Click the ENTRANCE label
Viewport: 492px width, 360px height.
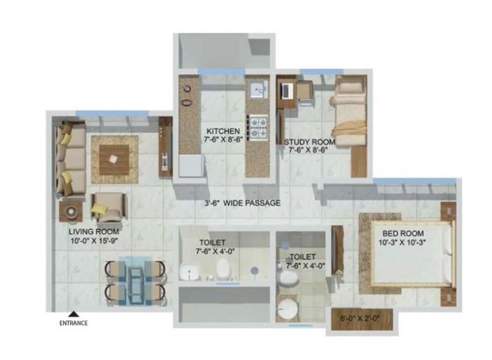[x=73, y=323]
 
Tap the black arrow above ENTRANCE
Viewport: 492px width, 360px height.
[x=72, y=315]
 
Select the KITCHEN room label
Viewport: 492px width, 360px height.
[x=223, y=131]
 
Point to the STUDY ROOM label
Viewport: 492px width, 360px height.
[x=309, y=141]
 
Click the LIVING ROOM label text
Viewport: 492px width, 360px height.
[x=93, y=231]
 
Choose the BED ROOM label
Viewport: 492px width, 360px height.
[x=402, y=233]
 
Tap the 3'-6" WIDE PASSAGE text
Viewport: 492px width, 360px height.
[x=242, y=203]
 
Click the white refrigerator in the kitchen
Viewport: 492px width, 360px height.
[x=190, y=166]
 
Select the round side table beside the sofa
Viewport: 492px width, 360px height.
[x=72, y=210]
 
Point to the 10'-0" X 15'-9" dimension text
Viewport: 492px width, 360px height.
[x=93, y=240]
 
